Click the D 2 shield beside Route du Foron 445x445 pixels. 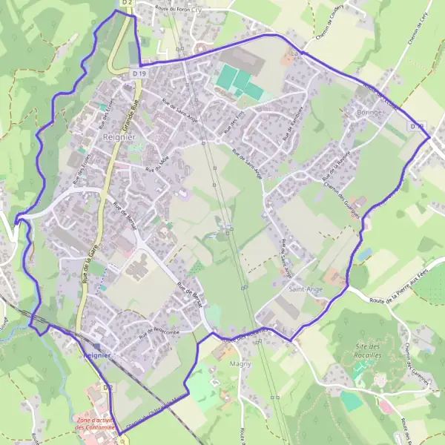click(127, 3)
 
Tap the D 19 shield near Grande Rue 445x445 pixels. click(138, 73)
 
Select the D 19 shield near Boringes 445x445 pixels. click(418, 127)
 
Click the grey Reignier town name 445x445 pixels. click(119, 138)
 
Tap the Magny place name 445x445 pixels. click(240, 364)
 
